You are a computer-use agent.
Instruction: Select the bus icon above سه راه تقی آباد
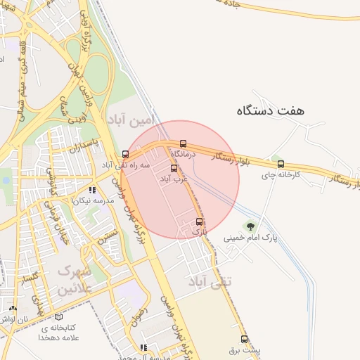125,154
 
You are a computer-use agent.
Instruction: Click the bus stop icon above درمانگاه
184,143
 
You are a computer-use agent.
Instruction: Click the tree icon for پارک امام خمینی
250,226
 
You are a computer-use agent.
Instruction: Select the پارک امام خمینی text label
251,238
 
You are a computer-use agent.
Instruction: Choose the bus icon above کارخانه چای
281,164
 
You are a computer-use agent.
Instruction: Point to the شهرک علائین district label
75,279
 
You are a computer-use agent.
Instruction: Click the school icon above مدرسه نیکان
92,190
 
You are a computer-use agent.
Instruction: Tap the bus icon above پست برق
244,339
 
